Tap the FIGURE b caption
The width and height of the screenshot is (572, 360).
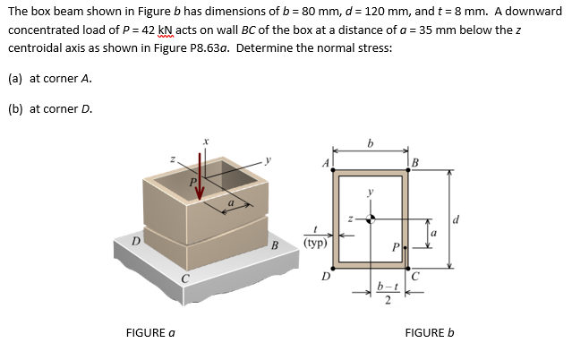click(x=430, y=333)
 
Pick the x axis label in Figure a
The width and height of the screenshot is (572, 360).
click(x=207, y=141)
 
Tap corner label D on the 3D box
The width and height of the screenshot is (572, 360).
click(x=136, y=239)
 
